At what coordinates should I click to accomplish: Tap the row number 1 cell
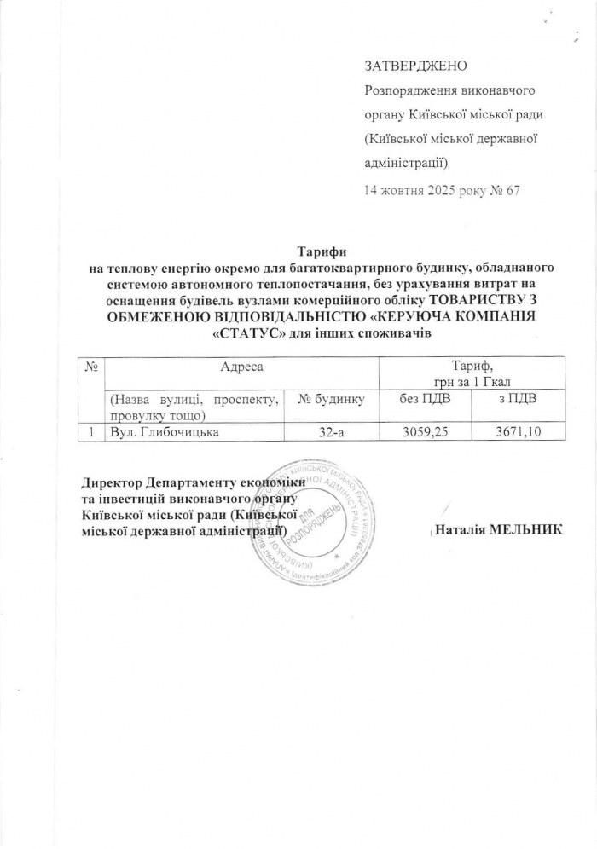pyautogui.click(x=90, y=433)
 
